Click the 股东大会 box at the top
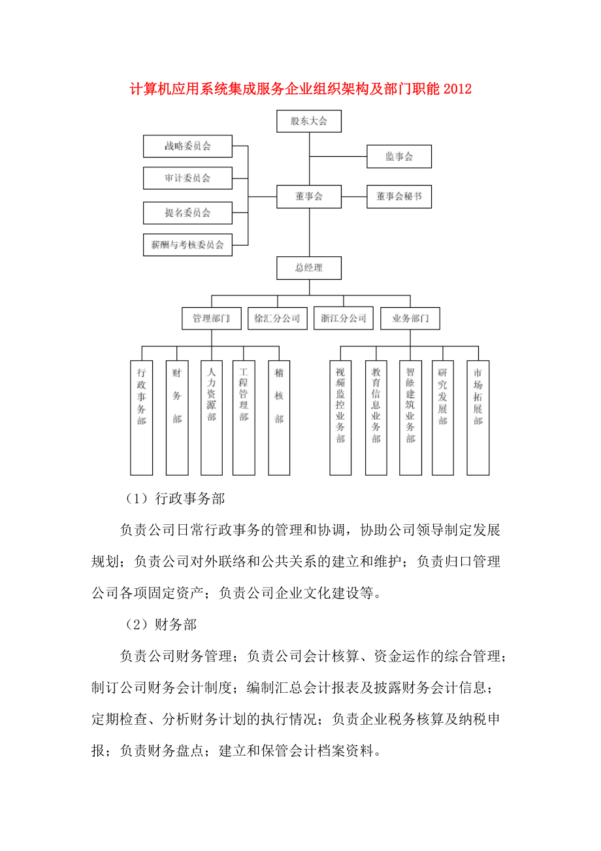[309, 121]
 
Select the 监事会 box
[398, 156]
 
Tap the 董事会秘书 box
[398, 196]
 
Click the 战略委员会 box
[187, 146]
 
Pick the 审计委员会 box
[187, 178]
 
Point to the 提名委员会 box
[187, 212]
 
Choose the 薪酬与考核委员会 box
[187, 245]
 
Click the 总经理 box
[309, 268]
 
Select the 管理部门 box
[211, 319]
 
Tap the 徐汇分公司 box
[277, 319]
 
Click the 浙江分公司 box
[344, 319]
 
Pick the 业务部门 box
[410, 319]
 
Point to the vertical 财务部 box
[177, 417]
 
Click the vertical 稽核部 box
[279, 417]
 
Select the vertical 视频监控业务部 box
[340, 417]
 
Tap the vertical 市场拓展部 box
[478, 417]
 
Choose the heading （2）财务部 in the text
[161, 625]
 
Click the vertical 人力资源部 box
[211, 417]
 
